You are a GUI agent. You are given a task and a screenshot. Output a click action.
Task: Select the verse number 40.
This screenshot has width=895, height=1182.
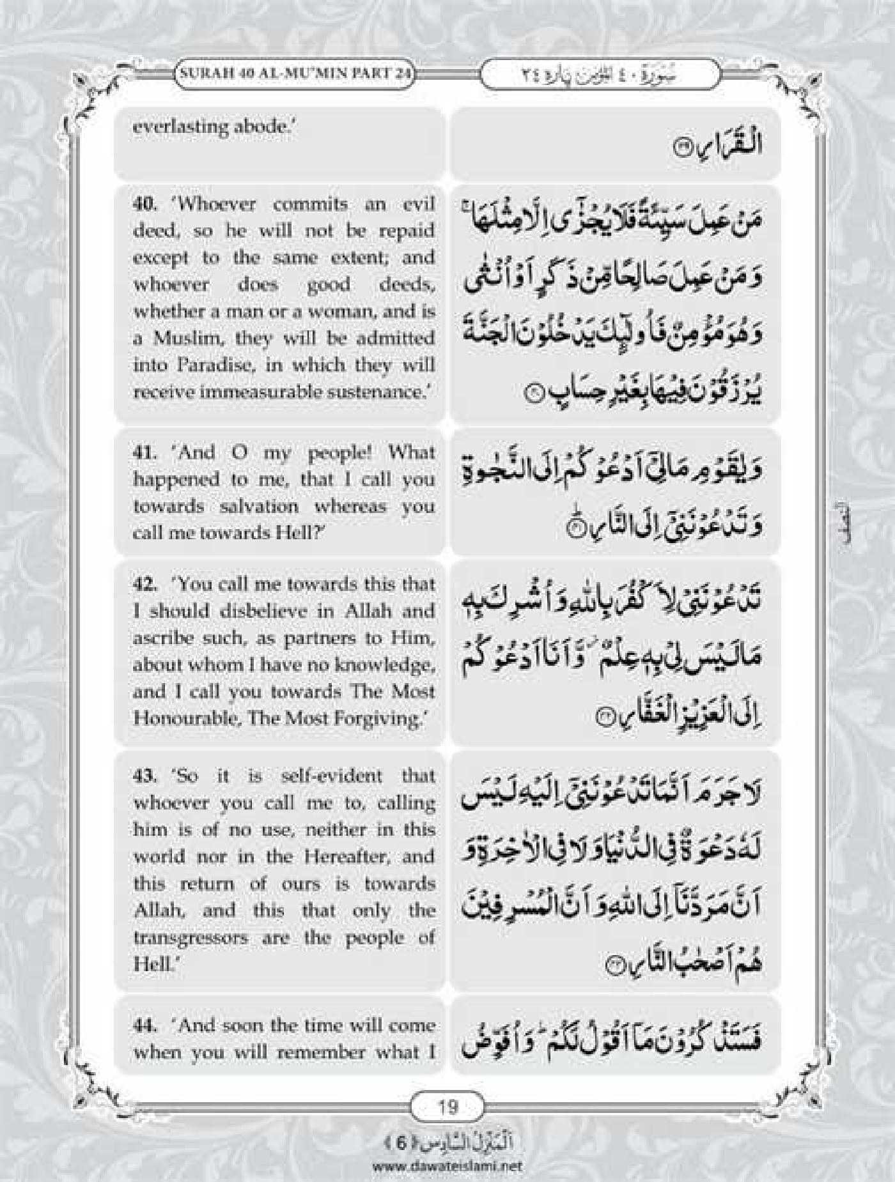point(144,204)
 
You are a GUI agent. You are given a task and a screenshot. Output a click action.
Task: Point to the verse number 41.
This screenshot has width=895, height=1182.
point(144,452)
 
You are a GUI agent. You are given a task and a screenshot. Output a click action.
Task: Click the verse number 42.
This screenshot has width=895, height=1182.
point(144,584)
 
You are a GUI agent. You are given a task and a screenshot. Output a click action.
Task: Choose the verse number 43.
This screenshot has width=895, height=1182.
point(144,776)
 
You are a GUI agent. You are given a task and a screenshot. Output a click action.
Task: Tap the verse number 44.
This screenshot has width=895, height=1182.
point(144,1025)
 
